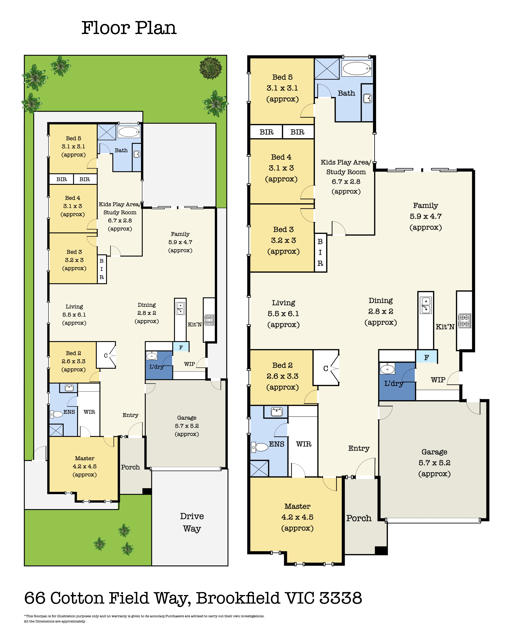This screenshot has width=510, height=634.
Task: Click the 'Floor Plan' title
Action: pos(129,28)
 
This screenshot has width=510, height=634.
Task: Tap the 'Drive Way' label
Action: pos(192,522)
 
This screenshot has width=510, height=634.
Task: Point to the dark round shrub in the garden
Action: pos(211,68)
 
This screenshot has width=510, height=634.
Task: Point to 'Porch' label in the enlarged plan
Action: pos(359,518)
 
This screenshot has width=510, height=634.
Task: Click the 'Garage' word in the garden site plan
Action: pos(187,418)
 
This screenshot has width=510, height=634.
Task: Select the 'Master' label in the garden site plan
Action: pos(84,458)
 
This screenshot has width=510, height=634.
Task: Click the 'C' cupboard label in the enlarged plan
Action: pos(326,368)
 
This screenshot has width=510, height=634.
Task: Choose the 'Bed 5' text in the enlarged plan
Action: pos(282,77)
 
